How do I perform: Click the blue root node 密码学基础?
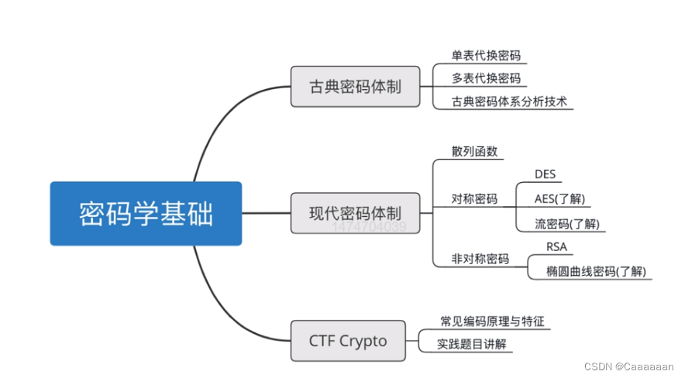[x=146, y=214]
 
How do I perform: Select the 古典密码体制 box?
[x=356, y=86]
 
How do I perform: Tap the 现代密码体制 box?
[x=356, y=213]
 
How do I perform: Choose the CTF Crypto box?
[x=348, y=340]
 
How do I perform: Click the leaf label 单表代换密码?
[x=486, y=56]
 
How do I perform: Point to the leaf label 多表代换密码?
[x=486, y=78]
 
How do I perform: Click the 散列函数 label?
[x=474, y=150]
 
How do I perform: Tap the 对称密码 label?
[x=474, y=199]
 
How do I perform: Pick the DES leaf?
[x=546, y=174]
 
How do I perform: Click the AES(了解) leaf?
[x=559, y=199]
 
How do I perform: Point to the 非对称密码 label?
[x=480, y=259]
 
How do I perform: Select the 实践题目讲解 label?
[x=471, y=344]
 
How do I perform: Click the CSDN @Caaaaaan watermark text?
[x=628, y=366]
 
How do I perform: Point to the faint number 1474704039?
[x=370, y=228]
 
